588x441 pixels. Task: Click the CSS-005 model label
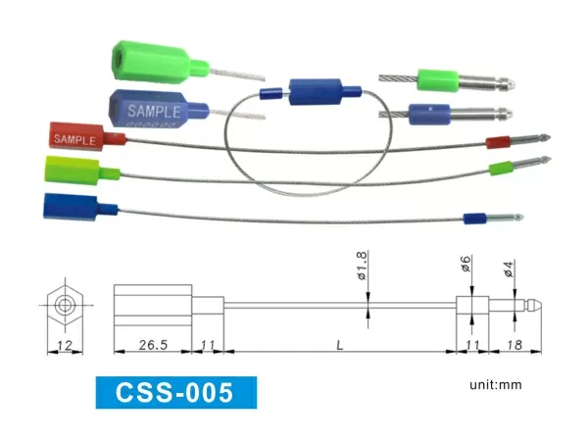tap(175, 393)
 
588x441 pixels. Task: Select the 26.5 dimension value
tap(151, 345)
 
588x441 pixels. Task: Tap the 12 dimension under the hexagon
tap(65, 345)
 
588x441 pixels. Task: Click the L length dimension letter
tap(339, 345)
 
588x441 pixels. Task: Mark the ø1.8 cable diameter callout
tap(361, 268)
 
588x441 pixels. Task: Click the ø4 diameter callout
tap(508, 268)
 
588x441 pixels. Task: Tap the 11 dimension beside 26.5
tap(208, 345)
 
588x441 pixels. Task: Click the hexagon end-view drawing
tap(65, 304)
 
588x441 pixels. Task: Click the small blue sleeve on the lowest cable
tap(476, 216)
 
